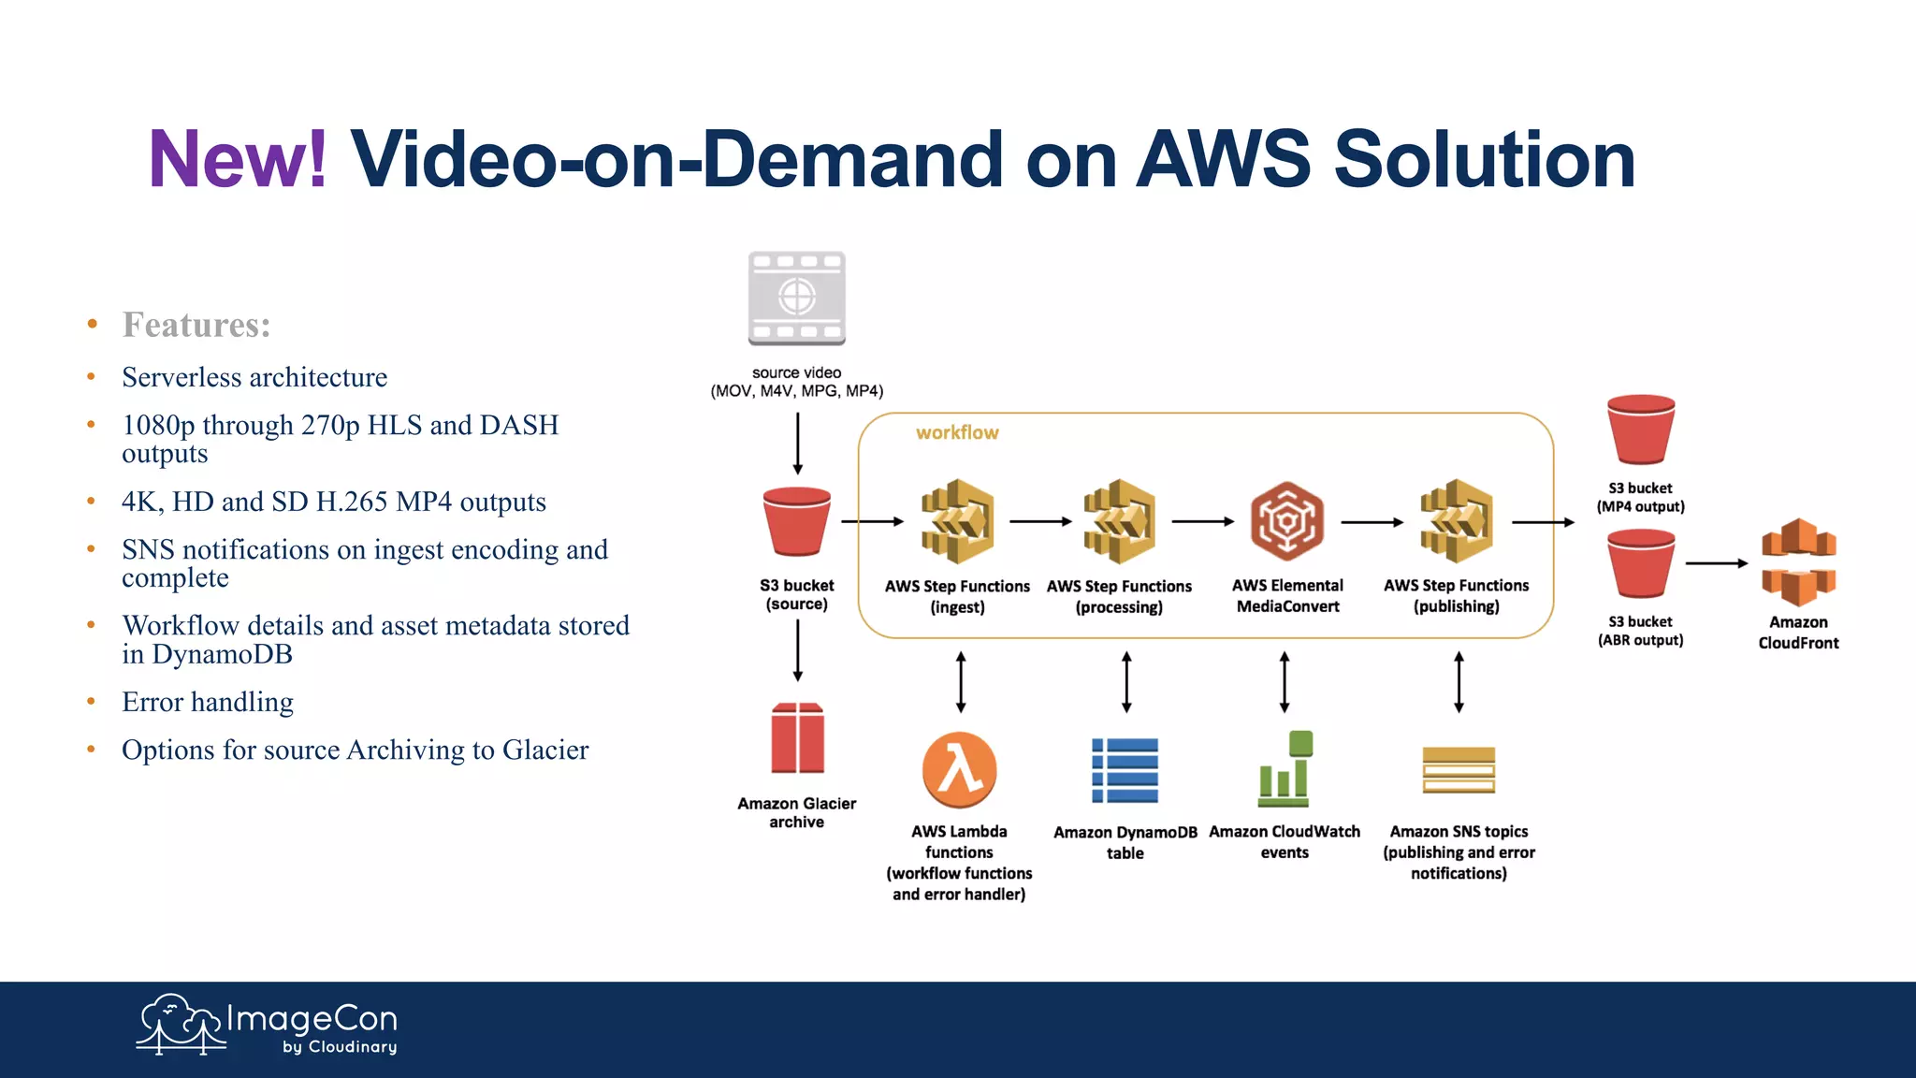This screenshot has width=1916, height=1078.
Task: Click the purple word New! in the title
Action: click(x=238, y=159)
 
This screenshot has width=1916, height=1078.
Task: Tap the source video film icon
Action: click(x=796, y=299)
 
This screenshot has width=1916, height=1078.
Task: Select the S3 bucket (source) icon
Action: click(x=796, y=521)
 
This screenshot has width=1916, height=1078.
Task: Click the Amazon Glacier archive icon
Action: click(x=797, y=737)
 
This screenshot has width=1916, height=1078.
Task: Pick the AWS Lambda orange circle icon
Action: click(x=959, y=770)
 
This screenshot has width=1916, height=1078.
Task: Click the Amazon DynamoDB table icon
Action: click(x=1125, y=770)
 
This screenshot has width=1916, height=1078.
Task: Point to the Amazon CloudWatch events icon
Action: click(x=1285, y=770)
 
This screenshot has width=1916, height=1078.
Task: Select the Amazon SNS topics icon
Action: click(x=1459, y=770)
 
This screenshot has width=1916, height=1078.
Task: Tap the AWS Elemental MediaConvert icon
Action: click(x=1286, y=521)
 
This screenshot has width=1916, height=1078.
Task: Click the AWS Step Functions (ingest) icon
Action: click(x=957, y=521)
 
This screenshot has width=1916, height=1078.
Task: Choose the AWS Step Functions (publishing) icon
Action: click(x=1456, y=521)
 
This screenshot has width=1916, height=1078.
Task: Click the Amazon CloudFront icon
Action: click(x=1798, y=561)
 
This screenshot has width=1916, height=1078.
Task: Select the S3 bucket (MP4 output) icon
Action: click(x=1640, y=430)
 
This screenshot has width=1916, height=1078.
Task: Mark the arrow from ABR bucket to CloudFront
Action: click(x=1716, y=563)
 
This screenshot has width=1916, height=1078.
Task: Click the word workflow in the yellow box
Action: click(x=957, y=432)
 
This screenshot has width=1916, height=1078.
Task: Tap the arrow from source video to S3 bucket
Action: click(x=797, y=444)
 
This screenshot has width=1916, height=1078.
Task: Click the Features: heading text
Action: click(x=196, y=325)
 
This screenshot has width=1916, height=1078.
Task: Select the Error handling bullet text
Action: click(x=208, y=702)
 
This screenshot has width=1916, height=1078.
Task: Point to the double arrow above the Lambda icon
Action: click(x=961, y=682)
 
